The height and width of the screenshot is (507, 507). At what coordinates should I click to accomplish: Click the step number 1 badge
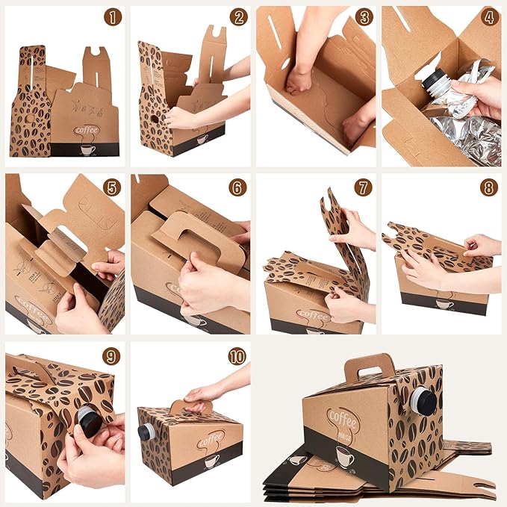coord(112,17)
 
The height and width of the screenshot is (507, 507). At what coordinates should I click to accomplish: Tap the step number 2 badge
coord(238,17)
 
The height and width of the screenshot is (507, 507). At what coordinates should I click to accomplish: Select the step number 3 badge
coord(364,17)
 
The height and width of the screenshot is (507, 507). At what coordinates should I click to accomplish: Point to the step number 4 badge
coord(489,17)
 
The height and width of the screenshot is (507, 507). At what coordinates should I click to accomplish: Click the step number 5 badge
coord(112,187)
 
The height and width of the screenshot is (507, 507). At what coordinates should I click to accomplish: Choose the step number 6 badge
coord(238,187)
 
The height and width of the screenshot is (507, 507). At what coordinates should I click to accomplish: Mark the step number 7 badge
coord(364,187)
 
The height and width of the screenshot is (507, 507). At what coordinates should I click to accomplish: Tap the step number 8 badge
coord(489,187)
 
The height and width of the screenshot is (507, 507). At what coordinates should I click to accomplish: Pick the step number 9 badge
coord(112,356)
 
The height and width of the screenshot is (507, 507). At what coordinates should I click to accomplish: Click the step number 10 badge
coord(238,356)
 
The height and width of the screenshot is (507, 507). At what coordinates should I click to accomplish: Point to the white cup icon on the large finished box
coord(344,455)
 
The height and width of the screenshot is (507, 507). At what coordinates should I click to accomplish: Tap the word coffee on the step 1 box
coord(87,130)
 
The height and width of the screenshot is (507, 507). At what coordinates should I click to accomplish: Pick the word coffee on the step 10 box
coord(211,438)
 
